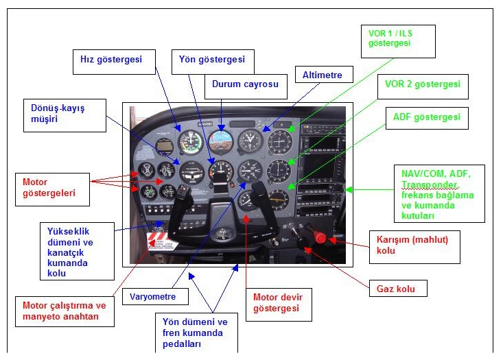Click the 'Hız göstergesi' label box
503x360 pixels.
coord(106,60)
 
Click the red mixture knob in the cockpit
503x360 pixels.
coord(320,238)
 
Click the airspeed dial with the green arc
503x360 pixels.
coord(189,142)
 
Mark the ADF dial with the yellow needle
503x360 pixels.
coord(279,199)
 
